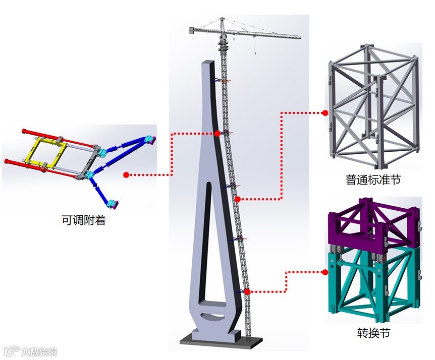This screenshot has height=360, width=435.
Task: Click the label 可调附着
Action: (x=83, y=220)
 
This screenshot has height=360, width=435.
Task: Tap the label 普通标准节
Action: (x=373, y=179)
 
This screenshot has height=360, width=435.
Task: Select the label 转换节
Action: (x=373, y=333)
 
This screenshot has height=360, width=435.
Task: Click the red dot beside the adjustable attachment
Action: (x=126, y=175)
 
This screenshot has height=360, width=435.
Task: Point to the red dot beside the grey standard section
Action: (x=325, y=113)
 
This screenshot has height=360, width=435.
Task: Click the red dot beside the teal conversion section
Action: (x=325, y=272)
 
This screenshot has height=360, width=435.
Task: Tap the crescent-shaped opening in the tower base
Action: (x=213, y=317)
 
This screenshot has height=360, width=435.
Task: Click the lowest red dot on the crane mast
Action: (x=247, y=291)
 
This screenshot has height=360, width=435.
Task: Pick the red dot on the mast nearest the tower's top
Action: (x=217, y=133)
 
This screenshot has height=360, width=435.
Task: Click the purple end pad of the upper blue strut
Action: (x=151, y=139)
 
